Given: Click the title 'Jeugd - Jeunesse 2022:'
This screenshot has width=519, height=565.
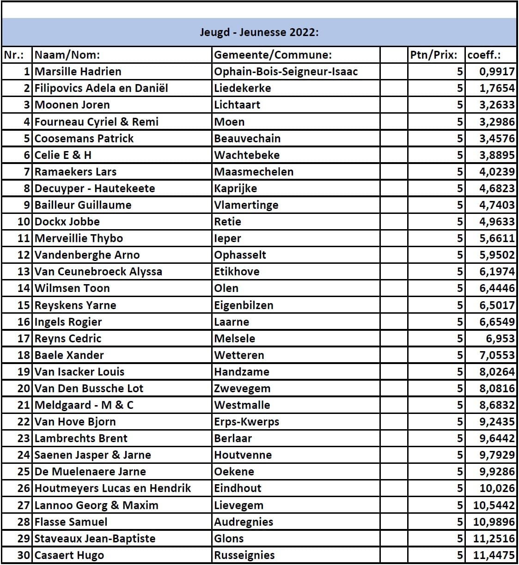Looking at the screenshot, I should pyautogui.click(x=259, y=32).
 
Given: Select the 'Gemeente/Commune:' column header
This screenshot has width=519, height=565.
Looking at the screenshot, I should pyautogui.click(x=273, y=55).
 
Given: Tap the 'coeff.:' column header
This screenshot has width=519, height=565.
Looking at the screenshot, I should pyautogui.click(x=484, y=55).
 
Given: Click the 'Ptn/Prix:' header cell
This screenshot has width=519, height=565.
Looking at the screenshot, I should pyautogui.click(x=434, y=55).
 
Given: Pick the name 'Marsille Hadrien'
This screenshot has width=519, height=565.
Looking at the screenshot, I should pyautogui.click(x=78, y=72).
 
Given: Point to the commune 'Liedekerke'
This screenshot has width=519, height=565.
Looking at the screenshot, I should pyautogui.click(x=243, y=88).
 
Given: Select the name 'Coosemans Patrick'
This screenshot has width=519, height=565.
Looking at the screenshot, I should pyautogui.click(x=84, y=138).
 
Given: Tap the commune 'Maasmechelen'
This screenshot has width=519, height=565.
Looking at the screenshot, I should pyautogui.click(x=254, y=171).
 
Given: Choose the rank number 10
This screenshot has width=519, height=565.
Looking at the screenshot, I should pyautogui.click(x=24, y=221).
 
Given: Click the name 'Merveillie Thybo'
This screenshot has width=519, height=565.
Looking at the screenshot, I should pyautogui.click(x=79, y=238).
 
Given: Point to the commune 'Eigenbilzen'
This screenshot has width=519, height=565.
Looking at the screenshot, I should pyautogui.click(x=244, y=305).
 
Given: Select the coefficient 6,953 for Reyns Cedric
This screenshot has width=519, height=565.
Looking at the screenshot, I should pyautogui.click(x=500, y=338).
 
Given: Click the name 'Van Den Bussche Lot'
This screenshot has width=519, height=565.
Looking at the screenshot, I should pyautogui.click(x=89, y=388).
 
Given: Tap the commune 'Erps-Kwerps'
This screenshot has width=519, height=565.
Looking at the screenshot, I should pyautogui.click(x=246, y=421).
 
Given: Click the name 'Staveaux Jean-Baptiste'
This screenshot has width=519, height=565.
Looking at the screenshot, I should pyautogui.click(x=95, y=538).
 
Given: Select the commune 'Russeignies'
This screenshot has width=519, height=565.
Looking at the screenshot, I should pyautogui.click(x=244, y=555).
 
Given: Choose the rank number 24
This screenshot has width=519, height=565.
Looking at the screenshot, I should pyautogui.click(x=24, y=455).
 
